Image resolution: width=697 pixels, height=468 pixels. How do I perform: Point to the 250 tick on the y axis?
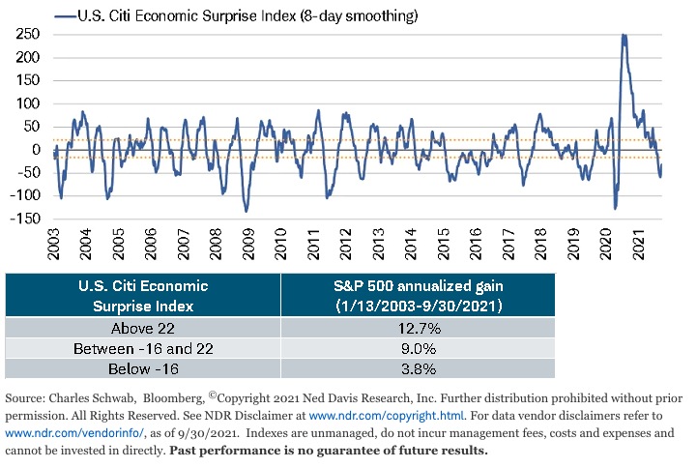click(x=26, y=34)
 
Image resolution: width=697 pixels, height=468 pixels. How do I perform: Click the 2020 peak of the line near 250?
click(x=624, y=36)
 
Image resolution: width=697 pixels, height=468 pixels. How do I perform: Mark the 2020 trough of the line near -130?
click(x=615, y=208)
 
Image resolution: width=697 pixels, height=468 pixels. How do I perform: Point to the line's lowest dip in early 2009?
click(x=246, y=211)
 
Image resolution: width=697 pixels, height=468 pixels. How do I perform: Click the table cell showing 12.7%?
click(x=418, y=328)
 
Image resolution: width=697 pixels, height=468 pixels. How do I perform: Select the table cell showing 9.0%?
click(x=418, y=348)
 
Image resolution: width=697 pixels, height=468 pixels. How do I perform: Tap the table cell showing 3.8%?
click(x=418, y=368)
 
